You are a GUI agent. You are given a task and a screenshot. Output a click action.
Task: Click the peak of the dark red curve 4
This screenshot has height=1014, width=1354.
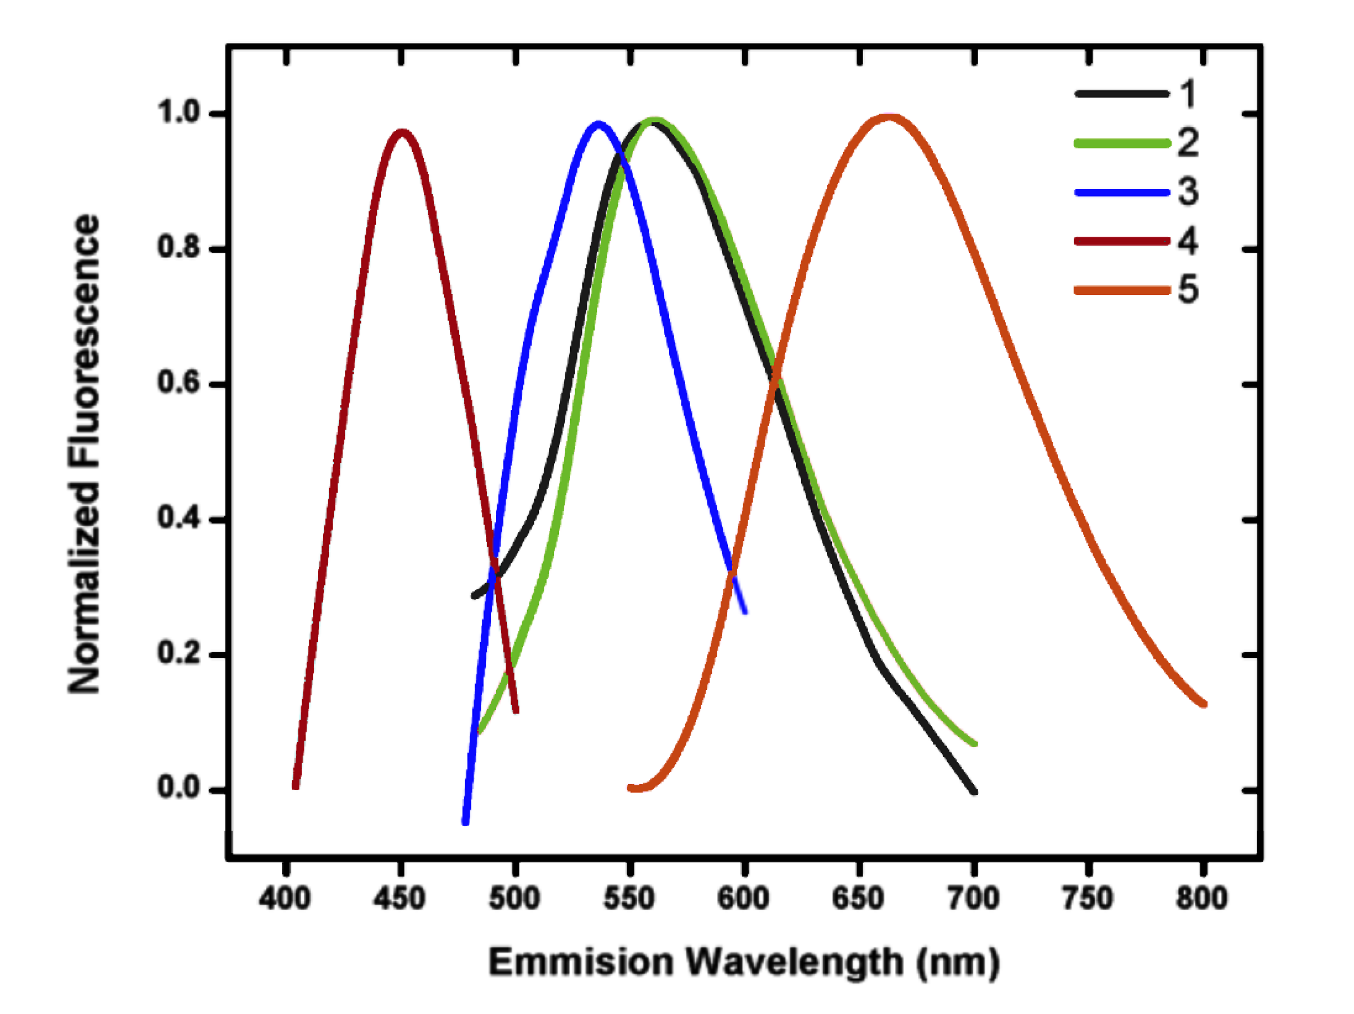401,133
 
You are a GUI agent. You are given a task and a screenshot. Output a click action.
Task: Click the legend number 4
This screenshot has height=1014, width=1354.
1187,241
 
